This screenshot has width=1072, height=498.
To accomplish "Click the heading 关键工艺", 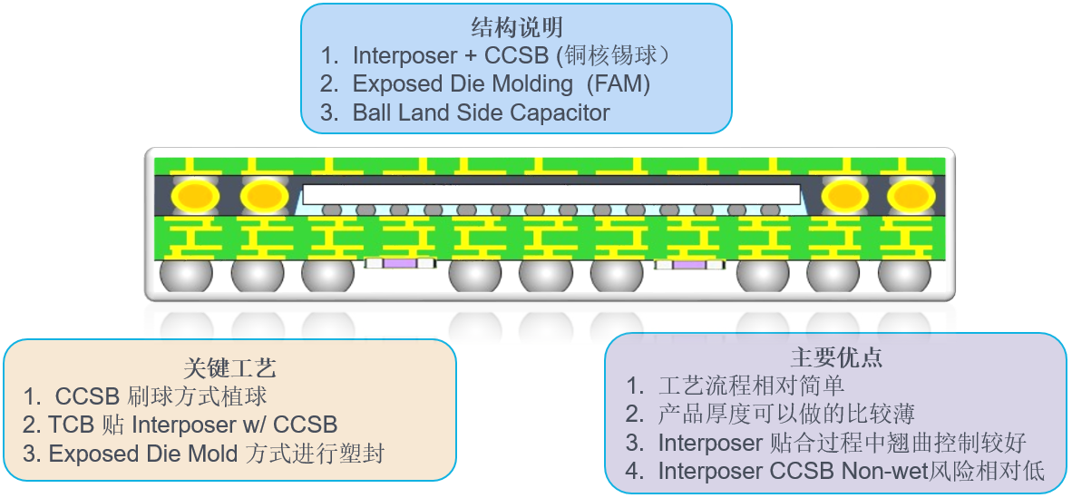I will pos(229,367).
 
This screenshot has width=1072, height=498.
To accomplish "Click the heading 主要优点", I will pos(836,356).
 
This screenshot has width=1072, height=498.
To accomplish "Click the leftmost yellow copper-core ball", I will pos(197,195).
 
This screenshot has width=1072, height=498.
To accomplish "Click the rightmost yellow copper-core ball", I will pos(910,195).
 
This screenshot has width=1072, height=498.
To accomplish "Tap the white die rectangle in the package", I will pos(551,194).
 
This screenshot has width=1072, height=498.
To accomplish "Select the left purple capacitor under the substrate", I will pos(400,264).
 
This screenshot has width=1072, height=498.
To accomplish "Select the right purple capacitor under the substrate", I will pos(690,264).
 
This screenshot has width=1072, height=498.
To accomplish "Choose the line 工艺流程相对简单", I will pos(751,386).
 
